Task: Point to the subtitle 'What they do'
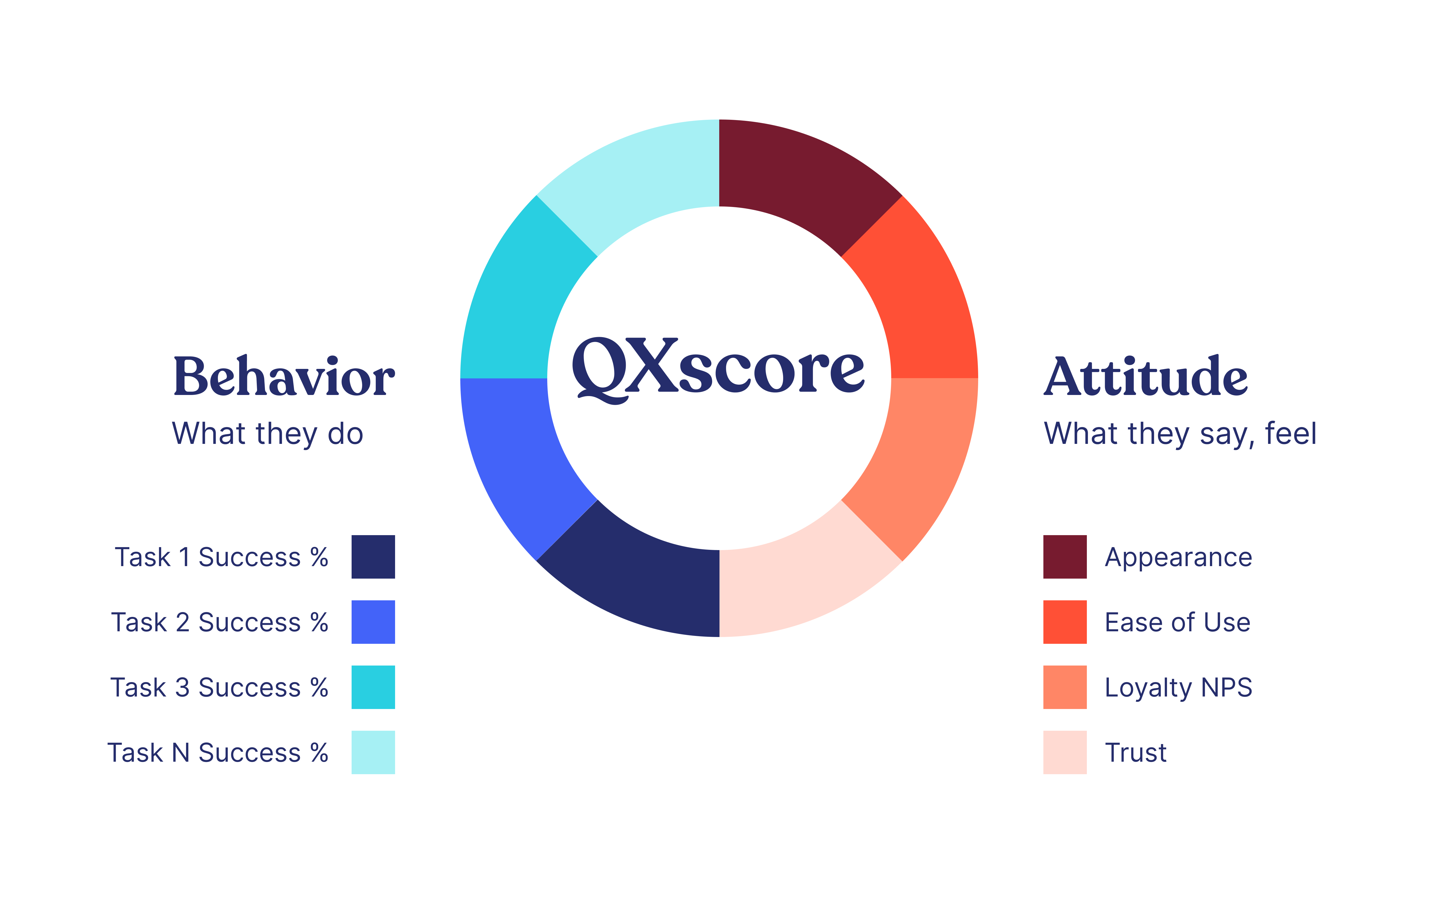point(268,434)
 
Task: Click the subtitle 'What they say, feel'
point(1180,434)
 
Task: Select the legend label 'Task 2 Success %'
point(220,623)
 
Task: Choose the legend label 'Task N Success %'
point(218,753)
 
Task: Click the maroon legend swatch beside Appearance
point(1065,557)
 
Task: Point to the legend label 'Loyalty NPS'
point(1178,688)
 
